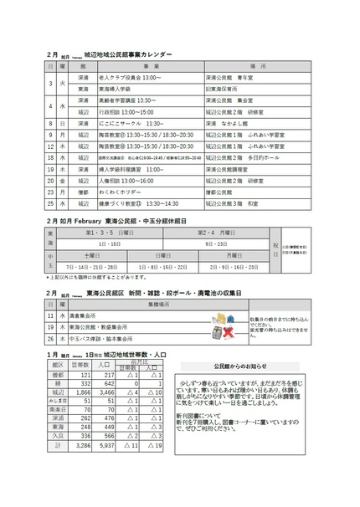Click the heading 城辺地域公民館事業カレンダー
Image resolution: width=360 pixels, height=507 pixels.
point(134,54)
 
